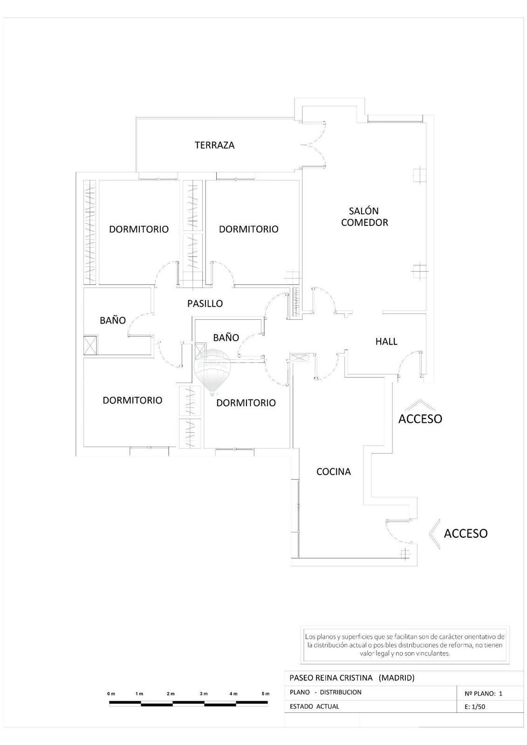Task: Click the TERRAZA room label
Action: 214,145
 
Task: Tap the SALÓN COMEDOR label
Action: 364,217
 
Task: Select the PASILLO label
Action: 205,303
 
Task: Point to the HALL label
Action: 386,341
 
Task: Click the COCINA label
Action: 333,471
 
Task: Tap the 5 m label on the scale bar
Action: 265,694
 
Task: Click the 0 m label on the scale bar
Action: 111,694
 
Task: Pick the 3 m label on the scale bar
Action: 204,694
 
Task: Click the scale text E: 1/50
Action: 475,707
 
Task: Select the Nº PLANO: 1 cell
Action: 483,693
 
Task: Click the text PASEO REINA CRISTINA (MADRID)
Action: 352,678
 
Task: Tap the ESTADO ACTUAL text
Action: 314,706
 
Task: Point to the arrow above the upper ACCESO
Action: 420,405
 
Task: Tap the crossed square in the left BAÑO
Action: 90,345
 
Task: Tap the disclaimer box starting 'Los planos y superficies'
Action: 405,645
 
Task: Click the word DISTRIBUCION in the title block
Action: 341,692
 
